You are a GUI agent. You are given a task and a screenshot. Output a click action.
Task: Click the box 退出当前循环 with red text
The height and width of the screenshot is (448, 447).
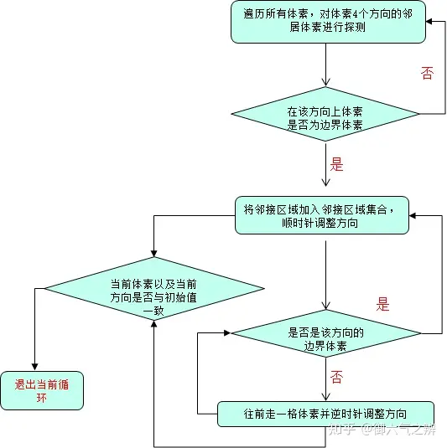pyautogui.click(x=42, y=390)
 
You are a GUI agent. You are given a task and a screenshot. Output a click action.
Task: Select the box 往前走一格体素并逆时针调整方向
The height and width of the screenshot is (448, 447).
pyautogui.click(x=325, y=414)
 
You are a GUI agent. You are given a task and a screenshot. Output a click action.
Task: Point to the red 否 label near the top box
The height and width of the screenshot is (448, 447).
pyautogui.click(x=428, y=74)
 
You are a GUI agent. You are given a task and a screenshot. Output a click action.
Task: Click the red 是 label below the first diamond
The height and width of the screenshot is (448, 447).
pyautogui.click(x=337, y=164)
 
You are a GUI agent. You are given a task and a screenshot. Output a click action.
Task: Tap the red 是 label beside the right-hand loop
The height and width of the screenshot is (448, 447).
pyautogui.click(x=383, y=304)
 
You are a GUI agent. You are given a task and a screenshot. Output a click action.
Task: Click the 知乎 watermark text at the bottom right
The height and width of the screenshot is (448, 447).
pyautogui.click(x=342, y=430)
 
